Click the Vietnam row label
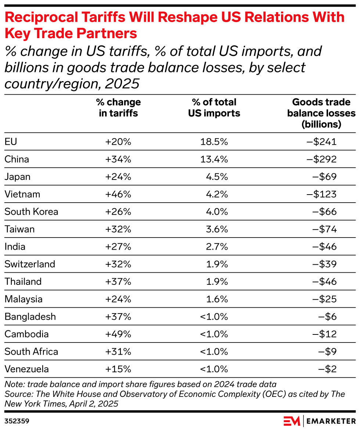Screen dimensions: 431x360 click(x=22, y=194)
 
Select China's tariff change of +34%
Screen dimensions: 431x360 click(x=118, y=159)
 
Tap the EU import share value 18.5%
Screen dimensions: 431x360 click(x=214, y=142)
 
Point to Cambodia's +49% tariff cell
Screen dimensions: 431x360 click(x=118, y=334)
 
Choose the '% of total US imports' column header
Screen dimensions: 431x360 click(x=214, y=108)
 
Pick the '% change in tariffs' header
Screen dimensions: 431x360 click(x=118, y=108)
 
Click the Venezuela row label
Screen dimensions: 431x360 click(x=26, y=369)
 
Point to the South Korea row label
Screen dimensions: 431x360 click(x=31, y=212)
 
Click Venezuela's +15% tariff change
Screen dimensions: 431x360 click(x=118, y=369)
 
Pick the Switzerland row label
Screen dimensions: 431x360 click(x=30, y=264)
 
